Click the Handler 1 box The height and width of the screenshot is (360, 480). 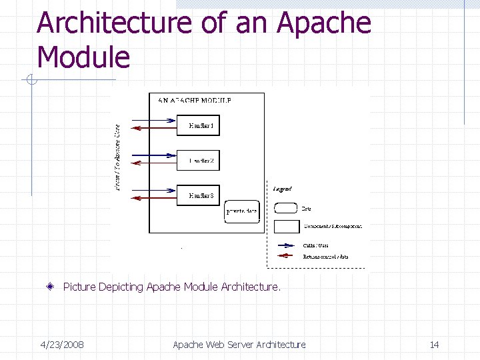[x=198, y=125]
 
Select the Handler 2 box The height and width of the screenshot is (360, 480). [x=198, y=159]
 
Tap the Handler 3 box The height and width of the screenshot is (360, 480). [x=198, y=195]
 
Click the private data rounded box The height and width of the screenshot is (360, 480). [x=241, y=211]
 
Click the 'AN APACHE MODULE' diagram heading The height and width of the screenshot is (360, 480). [x=195, y=101]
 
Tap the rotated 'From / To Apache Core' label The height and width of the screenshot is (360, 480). [x=118, y=158]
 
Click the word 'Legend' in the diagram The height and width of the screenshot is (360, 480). [x=282, y=189]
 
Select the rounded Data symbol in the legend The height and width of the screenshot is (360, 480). [x=285, y=208]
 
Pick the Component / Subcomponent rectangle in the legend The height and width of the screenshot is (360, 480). [x=285, y=227]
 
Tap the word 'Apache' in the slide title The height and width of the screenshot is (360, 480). [x=324, y=23]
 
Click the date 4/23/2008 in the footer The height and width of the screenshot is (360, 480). [x=62, y=345]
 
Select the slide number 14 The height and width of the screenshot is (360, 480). [x=434, y=345]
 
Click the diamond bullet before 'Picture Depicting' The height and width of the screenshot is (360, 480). [x=51, y=287]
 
